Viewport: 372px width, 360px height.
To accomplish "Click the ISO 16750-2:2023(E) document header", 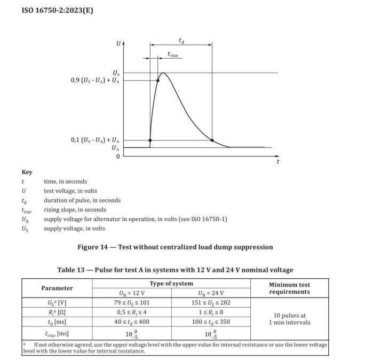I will pyautogui.click(x=57, y=10).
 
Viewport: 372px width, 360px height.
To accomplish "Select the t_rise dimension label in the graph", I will pyautogui.click(x=172, y=54).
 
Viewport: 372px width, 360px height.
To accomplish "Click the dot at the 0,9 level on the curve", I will pyautogui.click(x=158, y=81).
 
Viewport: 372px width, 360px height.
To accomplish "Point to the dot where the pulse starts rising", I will pyautogui.click(x=150, y=140).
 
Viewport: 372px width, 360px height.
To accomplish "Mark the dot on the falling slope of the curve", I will pyautogui.click(x=212, y=140).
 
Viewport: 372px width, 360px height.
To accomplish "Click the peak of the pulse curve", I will pyautogui.click(x=163, y=73).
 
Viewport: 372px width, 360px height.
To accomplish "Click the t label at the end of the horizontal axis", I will pyautogui.click(x=278, y=161).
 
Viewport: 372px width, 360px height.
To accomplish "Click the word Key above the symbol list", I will pyautogui.click(x=27, y=172).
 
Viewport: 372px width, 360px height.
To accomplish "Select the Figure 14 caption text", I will pyautogui.click(x=175, y=247).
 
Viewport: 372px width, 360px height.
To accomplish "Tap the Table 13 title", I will pyautogui.click(x=175, y=270).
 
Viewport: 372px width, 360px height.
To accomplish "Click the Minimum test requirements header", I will pyautogui.click(x=289, y=288).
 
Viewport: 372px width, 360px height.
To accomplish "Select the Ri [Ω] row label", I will pyautogui.click(x=57, y=312).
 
